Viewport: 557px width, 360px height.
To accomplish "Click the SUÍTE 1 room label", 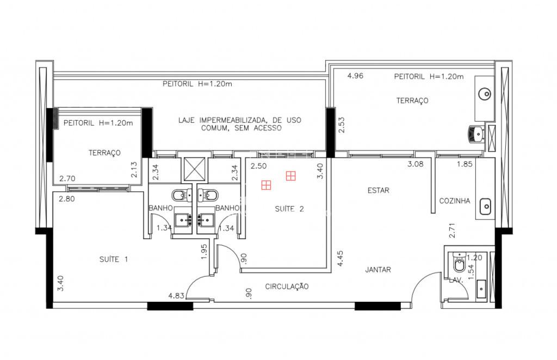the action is (x=114, y=259).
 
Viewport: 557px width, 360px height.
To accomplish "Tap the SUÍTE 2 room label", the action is (x=289, y=209).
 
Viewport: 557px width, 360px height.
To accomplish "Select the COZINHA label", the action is (x=455, y=201).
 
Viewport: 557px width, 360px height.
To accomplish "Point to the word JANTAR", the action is (x=378, y=270).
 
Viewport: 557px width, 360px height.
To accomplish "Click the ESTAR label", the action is (x=379, y=191).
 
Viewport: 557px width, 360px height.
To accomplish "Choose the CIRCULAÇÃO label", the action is (x=287, y=287).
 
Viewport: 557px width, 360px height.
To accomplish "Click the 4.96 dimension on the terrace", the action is (x=355, y=76).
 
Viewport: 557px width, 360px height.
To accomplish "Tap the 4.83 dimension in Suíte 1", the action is (x=176, y=296).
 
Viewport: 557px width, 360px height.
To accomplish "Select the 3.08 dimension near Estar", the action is (x=415, y=164).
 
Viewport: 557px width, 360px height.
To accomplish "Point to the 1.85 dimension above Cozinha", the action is (x=465, y=164).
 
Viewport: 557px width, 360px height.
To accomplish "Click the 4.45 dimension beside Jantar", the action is (x=341, y=259).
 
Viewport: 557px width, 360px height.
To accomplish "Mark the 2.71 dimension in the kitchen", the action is (x=452, y=231).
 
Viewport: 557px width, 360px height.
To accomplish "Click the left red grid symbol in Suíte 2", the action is (x=266, y=185).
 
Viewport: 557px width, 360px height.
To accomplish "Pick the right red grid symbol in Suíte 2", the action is (x=291, y=176).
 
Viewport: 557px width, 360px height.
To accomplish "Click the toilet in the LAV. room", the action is (x=460, y=263).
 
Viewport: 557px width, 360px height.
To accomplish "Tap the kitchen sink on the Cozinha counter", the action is (x=485, y=207).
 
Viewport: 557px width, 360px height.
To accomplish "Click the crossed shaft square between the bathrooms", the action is (x=194, y=169).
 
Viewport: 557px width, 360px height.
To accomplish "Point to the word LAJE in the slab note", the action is (x=187, y=120).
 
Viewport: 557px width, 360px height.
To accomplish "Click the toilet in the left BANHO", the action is (x=181, y=195).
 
